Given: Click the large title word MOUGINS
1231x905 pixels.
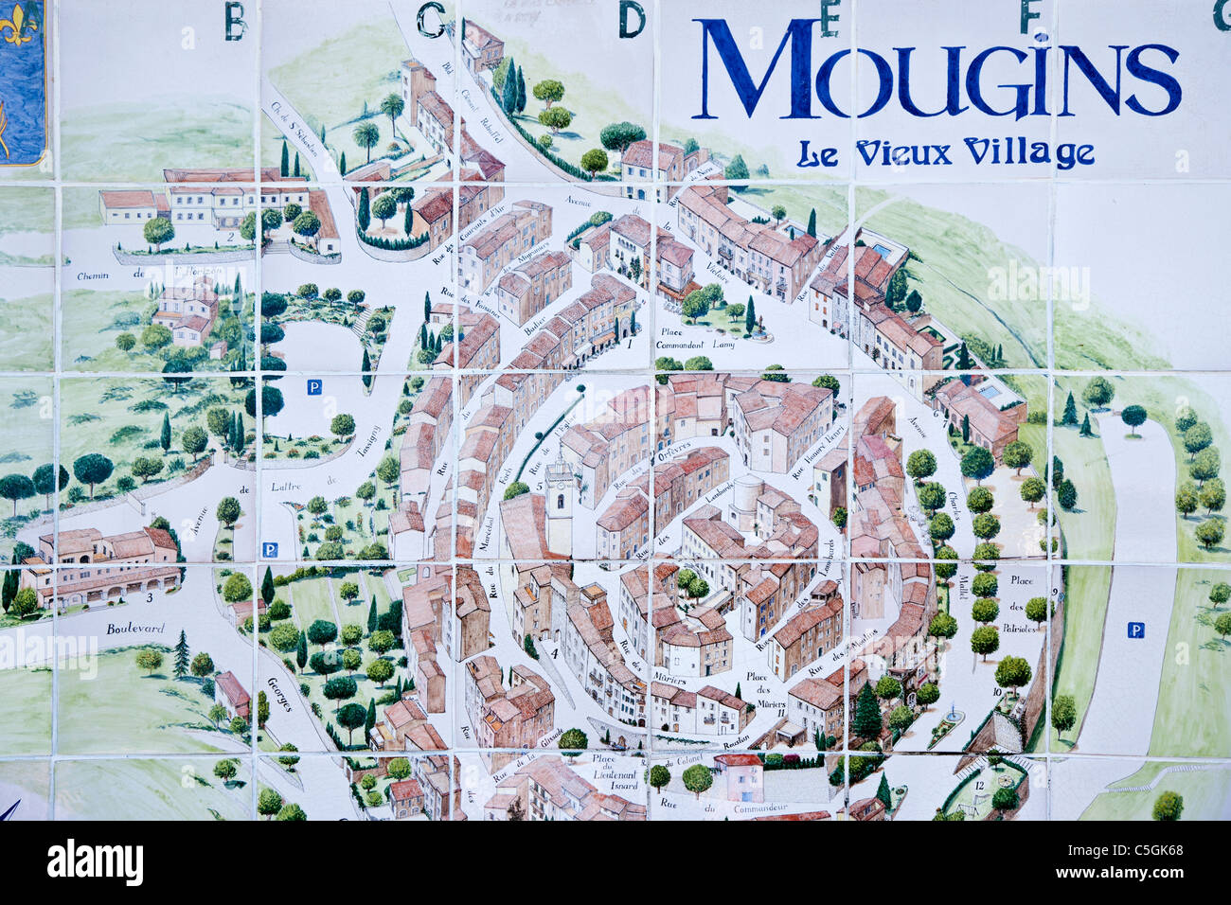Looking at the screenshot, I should [937, 68].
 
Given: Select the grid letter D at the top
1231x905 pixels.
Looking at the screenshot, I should [632, 20].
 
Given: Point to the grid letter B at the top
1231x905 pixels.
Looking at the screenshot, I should [235, 21].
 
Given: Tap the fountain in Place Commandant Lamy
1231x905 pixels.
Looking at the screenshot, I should [758, 328].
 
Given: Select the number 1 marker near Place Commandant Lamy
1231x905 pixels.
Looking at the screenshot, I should [629, 345].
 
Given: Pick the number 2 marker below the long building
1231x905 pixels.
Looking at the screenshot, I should [230, 237].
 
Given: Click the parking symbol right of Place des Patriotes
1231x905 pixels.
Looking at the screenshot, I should [1135, 630].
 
